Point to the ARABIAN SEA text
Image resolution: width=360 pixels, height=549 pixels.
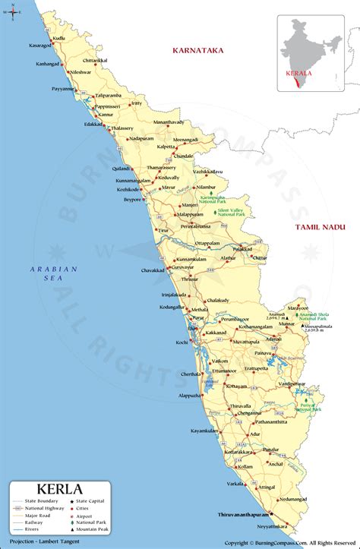[x=54, y=274]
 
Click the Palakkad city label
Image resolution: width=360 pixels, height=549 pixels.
[x=242, y=248]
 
